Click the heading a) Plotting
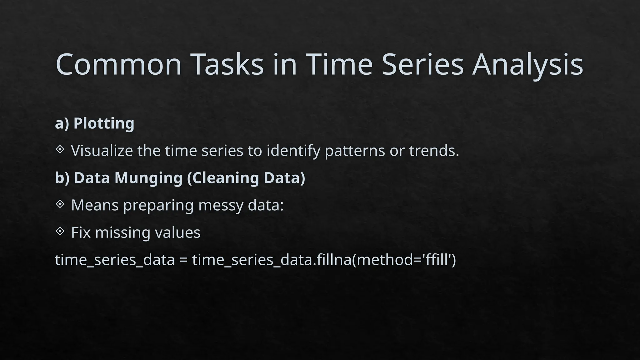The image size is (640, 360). (95, 123)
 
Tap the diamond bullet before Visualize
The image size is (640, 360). (60, 149)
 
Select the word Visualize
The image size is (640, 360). (102, 151)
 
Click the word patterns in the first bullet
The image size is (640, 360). (355, 151)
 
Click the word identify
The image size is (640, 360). (293, 151)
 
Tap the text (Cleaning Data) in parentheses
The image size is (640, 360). (246, 178)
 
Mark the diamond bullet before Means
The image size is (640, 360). (60, 204)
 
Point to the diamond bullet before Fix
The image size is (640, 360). (60, 231)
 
